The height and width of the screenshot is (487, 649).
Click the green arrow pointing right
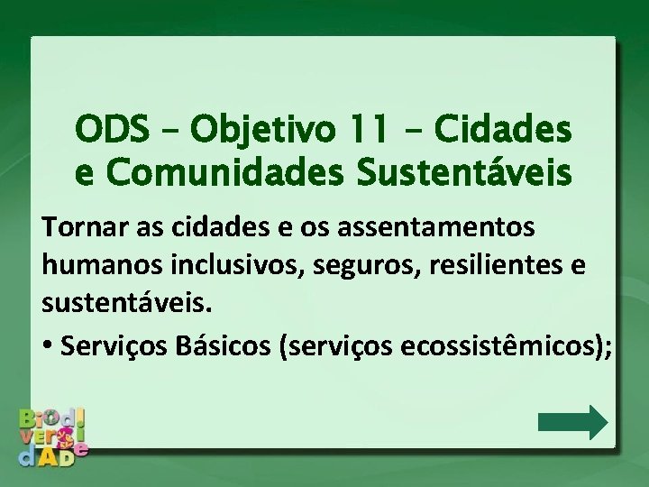click(x=572, y=422)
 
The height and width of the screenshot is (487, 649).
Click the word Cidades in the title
click(x=503, y=132)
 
